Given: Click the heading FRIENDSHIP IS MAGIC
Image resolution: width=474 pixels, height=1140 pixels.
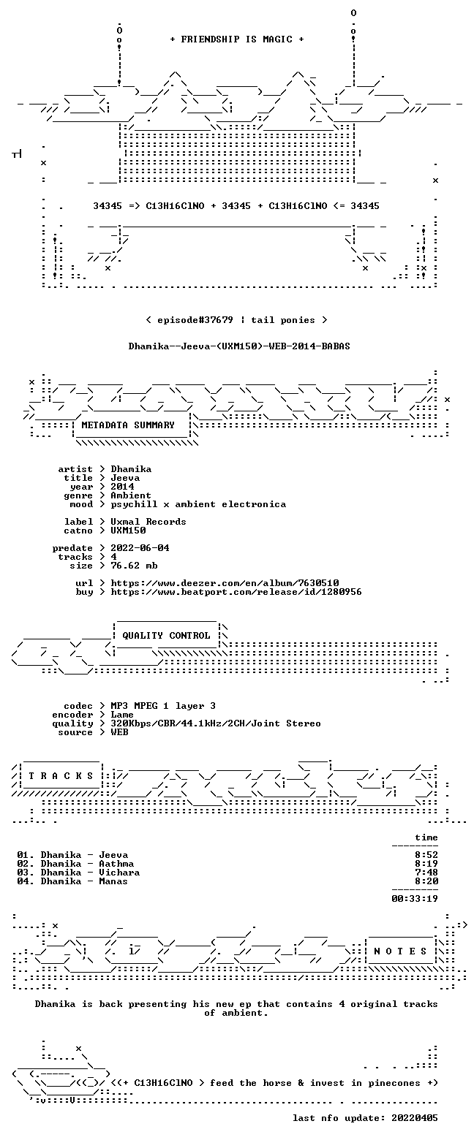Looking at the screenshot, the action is point(237,39).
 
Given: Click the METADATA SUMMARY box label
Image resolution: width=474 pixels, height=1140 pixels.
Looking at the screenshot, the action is point(128,425).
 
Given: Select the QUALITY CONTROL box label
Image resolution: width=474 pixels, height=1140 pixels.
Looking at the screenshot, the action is point(166,636).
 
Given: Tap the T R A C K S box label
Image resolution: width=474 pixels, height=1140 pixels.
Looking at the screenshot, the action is point(61,775).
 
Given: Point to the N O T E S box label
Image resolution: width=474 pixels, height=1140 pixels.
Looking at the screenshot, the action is point(400,951).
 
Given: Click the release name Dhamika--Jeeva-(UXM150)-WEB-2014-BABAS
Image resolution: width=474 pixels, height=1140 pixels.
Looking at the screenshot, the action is point(239,346).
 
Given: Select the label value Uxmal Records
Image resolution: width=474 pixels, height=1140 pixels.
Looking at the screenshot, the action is point(148,522).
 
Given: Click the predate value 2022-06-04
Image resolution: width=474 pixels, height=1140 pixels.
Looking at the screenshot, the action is point(140,548).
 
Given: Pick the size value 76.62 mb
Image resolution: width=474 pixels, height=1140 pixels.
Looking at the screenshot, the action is point(134,566).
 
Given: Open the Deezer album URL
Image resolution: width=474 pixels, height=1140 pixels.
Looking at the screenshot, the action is point(225,582).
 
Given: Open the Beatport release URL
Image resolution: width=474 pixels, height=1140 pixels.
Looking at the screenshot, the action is point(236,592).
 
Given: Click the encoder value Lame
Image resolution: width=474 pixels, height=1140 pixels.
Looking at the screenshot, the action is point(122,715).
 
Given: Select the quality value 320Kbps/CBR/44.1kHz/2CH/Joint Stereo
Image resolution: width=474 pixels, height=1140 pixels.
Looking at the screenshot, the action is point(216,723).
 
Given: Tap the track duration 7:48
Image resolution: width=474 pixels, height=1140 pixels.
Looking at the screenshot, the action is point(426,873).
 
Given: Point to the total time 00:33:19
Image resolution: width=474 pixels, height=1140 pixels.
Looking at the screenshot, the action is point(414,899).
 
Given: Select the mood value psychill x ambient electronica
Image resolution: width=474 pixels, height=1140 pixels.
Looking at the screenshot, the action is point(198,504).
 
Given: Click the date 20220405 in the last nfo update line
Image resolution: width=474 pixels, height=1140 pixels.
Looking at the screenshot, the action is point(414,1117).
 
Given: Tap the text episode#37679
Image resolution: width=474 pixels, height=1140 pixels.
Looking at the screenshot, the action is point(195,319).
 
